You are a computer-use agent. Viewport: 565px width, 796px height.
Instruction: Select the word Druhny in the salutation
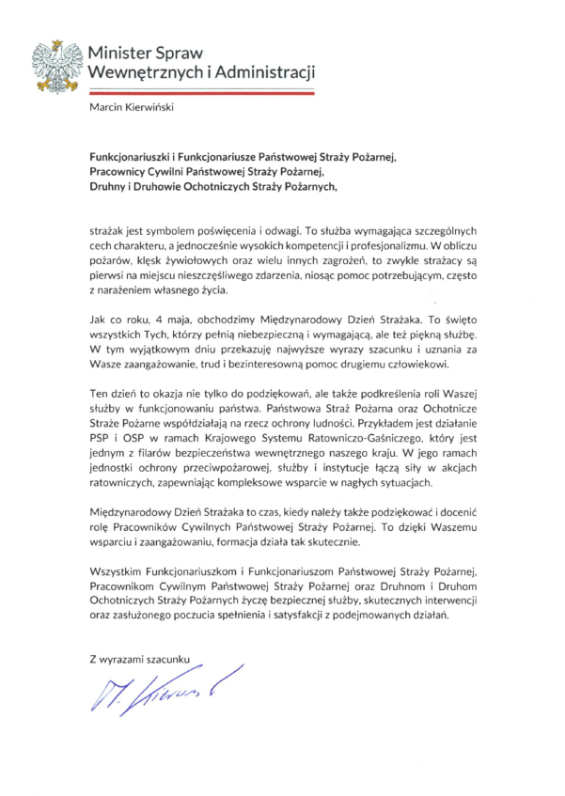[x=109, y=186]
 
